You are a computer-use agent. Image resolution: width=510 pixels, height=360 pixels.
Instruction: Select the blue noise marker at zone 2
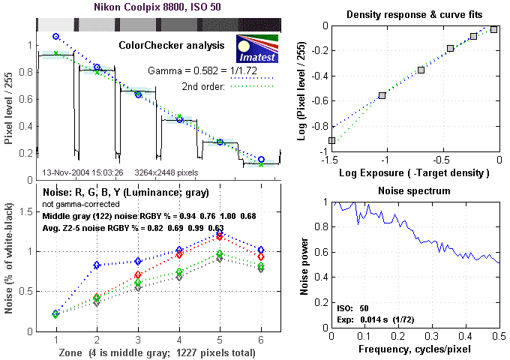[x=97, y=265]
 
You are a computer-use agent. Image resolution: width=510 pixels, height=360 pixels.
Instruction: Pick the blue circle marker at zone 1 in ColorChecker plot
[x=56, y=36]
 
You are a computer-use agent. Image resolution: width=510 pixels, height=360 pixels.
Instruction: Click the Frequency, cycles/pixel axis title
[x=415, y=350]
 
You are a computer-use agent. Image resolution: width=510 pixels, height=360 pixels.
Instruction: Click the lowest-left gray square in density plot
[x=331, y=140]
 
